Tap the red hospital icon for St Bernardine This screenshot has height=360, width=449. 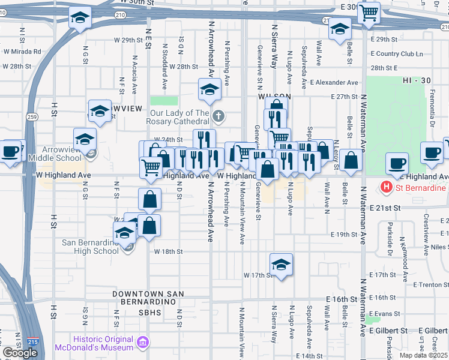[x=387, y=188]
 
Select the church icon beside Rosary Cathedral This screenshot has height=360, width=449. [x=218, y=116]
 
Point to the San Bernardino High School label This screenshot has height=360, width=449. [x=91, y=247]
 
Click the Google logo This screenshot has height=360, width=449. [x=20, y=353]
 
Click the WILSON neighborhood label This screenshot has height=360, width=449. [x=274, y=96]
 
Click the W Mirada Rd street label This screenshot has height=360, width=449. [x=22, y=52]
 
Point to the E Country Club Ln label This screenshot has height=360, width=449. [x=397, y=54]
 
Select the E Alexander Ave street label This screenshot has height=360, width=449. [x=334, y=82]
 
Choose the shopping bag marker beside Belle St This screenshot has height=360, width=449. [x=352, y=160]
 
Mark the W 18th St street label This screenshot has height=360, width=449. [x=168, y=252]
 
